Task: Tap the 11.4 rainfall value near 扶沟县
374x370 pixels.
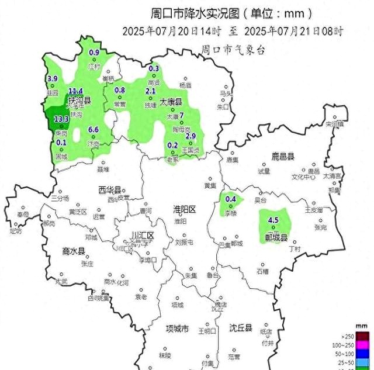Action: [76, 92]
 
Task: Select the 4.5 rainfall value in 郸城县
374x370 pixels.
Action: [273, 220]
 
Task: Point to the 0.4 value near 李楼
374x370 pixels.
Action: [231, 199]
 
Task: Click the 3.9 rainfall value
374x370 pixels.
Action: [53, 79]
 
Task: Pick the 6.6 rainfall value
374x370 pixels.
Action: [93, 129]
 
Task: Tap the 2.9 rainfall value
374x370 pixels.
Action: [191, 136]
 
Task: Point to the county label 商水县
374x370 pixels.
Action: [74, 251]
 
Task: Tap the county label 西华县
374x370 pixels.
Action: [109, 191]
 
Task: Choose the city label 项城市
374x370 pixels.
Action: [178, 328]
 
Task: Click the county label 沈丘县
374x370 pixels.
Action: [240, 328]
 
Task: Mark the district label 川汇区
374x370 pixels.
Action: [142, 236]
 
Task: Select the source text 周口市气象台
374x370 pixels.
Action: [233, 50]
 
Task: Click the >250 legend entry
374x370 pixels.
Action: [357, 336]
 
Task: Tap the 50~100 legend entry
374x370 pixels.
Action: [357, 354]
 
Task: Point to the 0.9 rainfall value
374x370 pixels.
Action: [94, 53]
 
